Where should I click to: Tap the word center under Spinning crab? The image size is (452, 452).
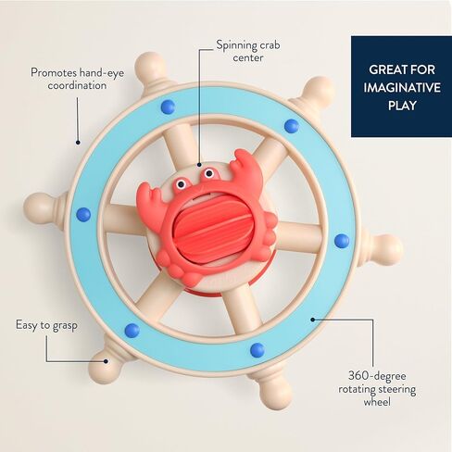(x=248, y=58)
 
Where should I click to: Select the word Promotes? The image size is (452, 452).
(x=54, y=73)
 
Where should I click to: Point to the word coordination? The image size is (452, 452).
(x=77, y=85)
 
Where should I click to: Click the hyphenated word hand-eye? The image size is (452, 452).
(x=102, y=73)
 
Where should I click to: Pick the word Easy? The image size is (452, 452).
(x=26, y=325)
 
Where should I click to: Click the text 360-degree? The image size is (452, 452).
(x=377, y=377)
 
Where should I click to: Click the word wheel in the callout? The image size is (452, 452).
(x=377, y=402)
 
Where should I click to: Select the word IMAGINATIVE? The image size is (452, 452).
(x=402, y=88)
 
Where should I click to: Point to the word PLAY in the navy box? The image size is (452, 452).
(x=402, y=106)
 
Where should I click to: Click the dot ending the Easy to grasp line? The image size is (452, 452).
(x=106, y=361)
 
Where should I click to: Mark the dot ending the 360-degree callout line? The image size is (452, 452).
(x=313, y=320)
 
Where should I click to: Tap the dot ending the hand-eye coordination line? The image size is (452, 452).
(x=78, y=143)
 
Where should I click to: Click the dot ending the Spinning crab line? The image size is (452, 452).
(x=199, y=165)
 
